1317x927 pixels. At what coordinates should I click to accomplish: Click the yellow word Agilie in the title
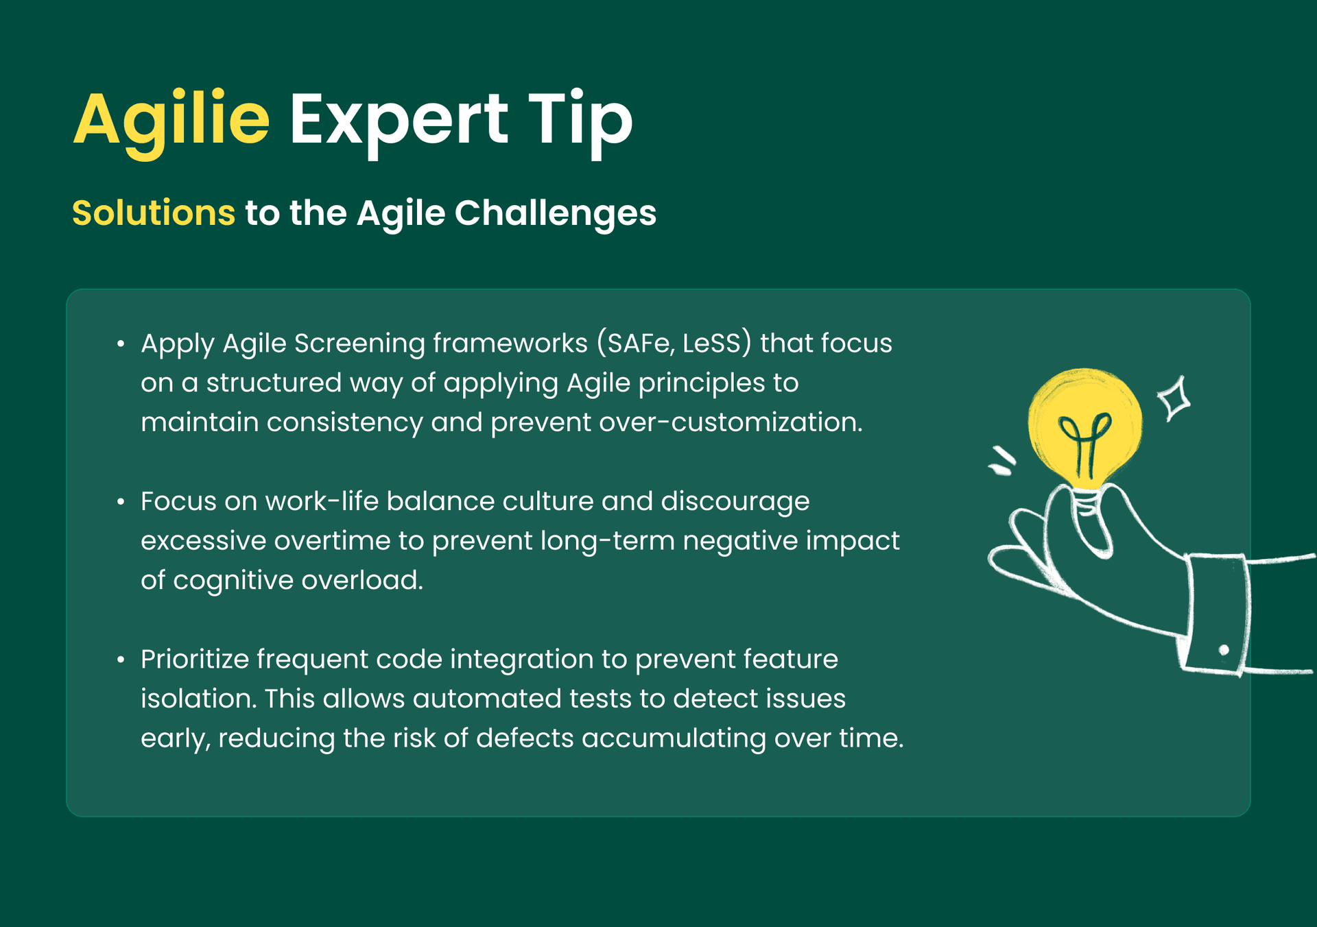171,121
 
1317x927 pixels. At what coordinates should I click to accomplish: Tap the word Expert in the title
398,121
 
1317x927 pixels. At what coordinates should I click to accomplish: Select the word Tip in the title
580,121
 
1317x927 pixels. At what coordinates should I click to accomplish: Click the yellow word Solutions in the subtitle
154,213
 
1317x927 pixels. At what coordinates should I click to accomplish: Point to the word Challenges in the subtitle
555,213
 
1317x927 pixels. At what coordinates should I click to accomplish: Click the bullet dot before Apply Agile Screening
121,344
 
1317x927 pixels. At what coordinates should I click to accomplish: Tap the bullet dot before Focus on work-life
121,502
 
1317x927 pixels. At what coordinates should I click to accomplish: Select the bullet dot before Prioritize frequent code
121,660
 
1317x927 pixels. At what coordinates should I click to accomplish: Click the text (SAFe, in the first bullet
635,344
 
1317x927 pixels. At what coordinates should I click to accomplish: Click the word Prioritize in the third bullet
195,660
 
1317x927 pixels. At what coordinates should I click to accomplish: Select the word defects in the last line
525,738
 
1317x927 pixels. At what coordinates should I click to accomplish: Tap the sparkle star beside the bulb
1174,398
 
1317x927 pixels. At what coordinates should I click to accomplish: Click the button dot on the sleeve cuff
1224,650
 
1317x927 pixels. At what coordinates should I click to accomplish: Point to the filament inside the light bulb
1084,442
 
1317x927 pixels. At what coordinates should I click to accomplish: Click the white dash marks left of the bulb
1001,461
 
